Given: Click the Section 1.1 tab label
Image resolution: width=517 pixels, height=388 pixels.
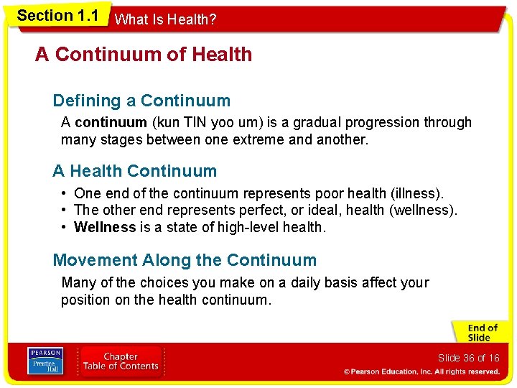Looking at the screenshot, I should pos(57,16).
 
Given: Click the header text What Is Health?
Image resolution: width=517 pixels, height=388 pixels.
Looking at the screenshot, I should pos(165,20).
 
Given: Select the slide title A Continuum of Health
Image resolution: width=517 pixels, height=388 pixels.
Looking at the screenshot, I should pos(144,55).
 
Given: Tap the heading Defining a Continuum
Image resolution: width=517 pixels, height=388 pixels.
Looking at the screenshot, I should pos(141,101).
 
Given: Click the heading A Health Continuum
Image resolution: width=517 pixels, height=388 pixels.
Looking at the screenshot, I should pos(134,171).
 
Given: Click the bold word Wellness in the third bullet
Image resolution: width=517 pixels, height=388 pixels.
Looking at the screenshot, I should pos(105,227).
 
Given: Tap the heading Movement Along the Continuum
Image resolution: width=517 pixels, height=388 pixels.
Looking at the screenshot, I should pos(185,260).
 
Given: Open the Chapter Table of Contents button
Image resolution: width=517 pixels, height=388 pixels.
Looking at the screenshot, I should pos(121,361).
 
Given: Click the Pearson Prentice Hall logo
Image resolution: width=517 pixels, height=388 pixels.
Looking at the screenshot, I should pos(45,361).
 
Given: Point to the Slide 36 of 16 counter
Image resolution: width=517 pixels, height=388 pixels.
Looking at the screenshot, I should pos(468,358).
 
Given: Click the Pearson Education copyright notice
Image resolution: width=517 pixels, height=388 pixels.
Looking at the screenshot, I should pos(421,371).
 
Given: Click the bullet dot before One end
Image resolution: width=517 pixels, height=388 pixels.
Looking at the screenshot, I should pos(65,193).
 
